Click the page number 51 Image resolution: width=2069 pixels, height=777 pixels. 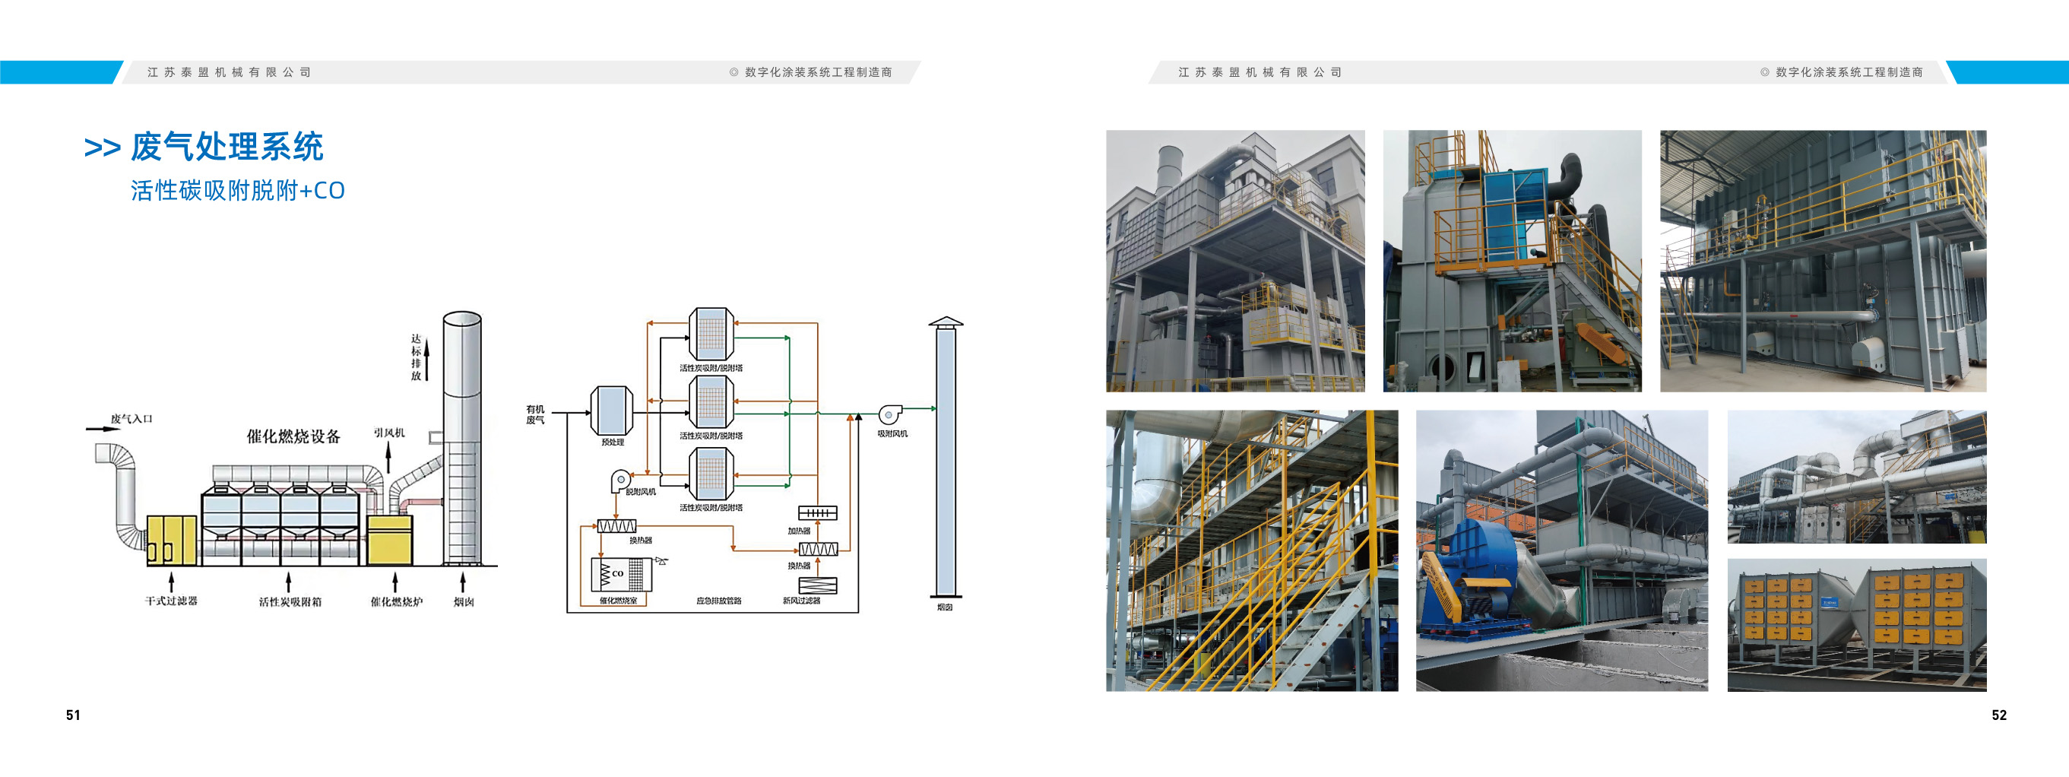pos(73,715)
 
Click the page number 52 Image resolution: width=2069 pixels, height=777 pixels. pos(1998,715)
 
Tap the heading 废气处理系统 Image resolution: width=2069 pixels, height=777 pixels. pos(227,147)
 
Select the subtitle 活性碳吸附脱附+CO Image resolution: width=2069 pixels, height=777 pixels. pos(238,190)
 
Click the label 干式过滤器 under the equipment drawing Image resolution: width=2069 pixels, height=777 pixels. pos(171,600)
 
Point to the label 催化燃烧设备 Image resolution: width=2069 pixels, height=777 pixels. pos(293,436)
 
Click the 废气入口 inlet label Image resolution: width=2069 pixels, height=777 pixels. pos(131,419)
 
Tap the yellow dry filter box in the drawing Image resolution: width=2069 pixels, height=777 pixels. pos(171,541)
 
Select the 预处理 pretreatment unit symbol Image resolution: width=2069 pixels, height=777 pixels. pos(612,411)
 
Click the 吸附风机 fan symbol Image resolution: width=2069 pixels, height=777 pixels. pos(890,414)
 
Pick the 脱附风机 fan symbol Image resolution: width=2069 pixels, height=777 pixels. pos(621,480)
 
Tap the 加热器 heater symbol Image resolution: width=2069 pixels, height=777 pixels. pos(818,512)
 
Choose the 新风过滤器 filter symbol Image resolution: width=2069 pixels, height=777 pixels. pos(818,585)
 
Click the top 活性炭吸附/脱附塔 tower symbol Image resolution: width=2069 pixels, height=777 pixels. pos(711,334)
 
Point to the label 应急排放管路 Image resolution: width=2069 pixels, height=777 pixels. pos(719,600)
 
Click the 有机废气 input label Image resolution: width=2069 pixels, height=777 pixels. pos(535,414)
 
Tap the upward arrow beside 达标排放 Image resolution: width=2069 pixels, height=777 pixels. pos(427,359)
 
